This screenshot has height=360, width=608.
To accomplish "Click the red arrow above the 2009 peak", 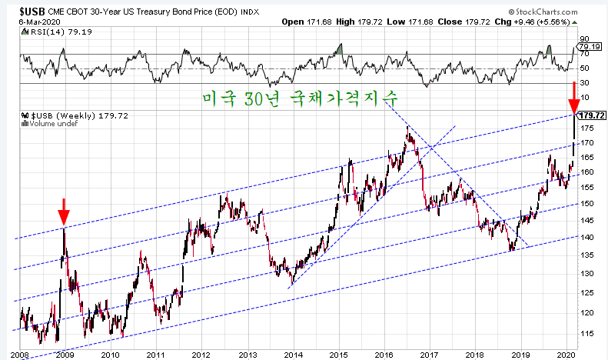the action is (x=64, y=212).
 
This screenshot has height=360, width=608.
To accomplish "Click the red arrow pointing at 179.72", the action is (x=574, y=98).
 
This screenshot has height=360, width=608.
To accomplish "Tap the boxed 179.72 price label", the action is (x=592, y=115).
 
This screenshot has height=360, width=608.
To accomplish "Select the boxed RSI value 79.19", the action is (x=590, y=47).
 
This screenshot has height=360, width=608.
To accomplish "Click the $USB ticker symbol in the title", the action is (x=32, y=12).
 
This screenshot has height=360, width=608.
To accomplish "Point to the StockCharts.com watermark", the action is (x=543, y=12).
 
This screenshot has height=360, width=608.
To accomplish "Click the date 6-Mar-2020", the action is (x=39, y=22).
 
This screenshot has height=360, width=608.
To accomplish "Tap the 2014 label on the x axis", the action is (x=293, y=355).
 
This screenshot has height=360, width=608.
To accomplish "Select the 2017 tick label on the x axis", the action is (x=429, y=355).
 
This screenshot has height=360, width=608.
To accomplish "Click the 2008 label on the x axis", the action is (x=19, y=355).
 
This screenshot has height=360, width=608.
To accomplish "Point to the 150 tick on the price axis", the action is (x=587, y=204).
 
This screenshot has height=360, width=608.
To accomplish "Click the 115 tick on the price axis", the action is (x=587, y=333).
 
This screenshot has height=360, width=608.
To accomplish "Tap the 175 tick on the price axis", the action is (x=587, y=128).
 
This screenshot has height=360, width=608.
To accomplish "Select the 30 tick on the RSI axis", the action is (x=584, y=82).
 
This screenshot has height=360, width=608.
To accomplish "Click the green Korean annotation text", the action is (x=300, y=98).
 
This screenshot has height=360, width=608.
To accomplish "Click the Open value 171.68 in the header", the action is (x=319, y=22).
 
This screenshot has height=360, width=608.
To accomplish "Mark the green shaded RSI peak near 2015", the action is (x=339, y=49).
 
